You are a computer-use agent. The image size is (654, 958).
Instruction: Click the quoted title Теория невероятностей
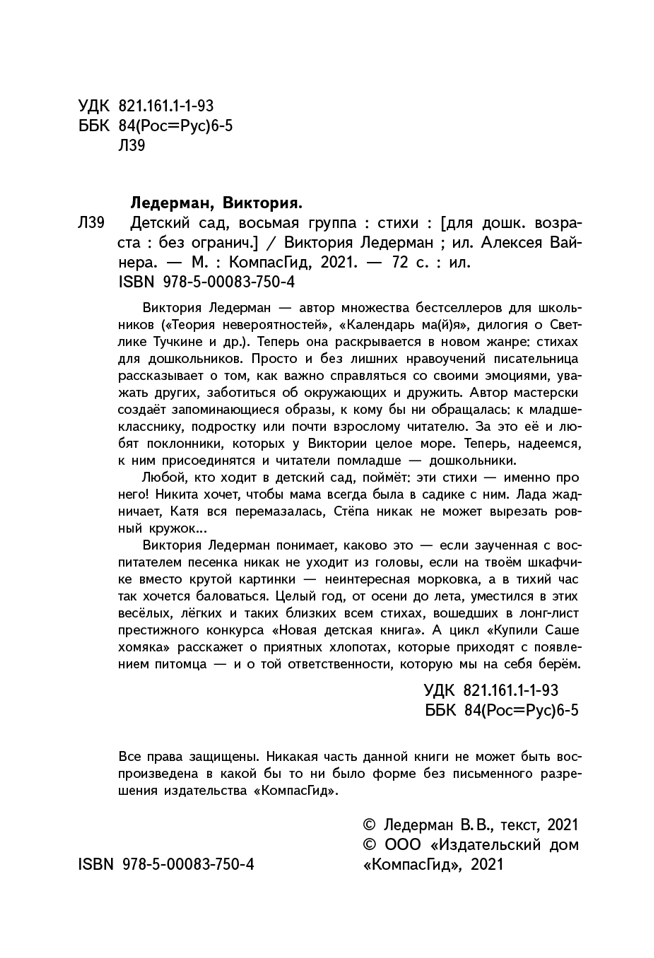tap(246, 325)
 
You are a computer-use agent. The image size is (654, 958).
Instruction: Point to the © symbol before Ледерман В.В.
tap(367, 824)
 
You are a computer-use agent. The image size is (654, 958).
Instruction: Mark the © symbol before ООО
tap(367, 845)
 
